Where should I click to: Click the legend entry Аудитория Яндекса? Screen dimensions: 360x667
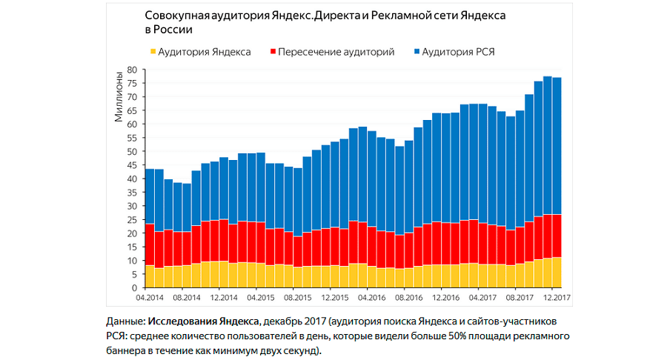204,52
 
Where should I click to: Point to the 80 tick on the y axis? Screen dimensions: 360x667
133,70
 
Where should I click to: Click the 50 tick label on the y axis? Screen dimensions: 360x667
133,151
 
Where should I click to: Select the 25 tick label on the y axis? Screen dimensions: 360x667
133,220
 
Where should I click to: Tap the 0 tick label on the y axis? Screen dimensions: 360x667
136,288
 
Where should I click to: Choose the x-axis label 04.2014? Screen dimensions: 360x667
150,298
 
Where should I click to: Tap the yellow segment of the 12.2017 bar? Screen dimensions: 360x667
557,273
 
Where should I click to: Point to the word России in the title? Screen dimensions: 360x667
175,30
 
